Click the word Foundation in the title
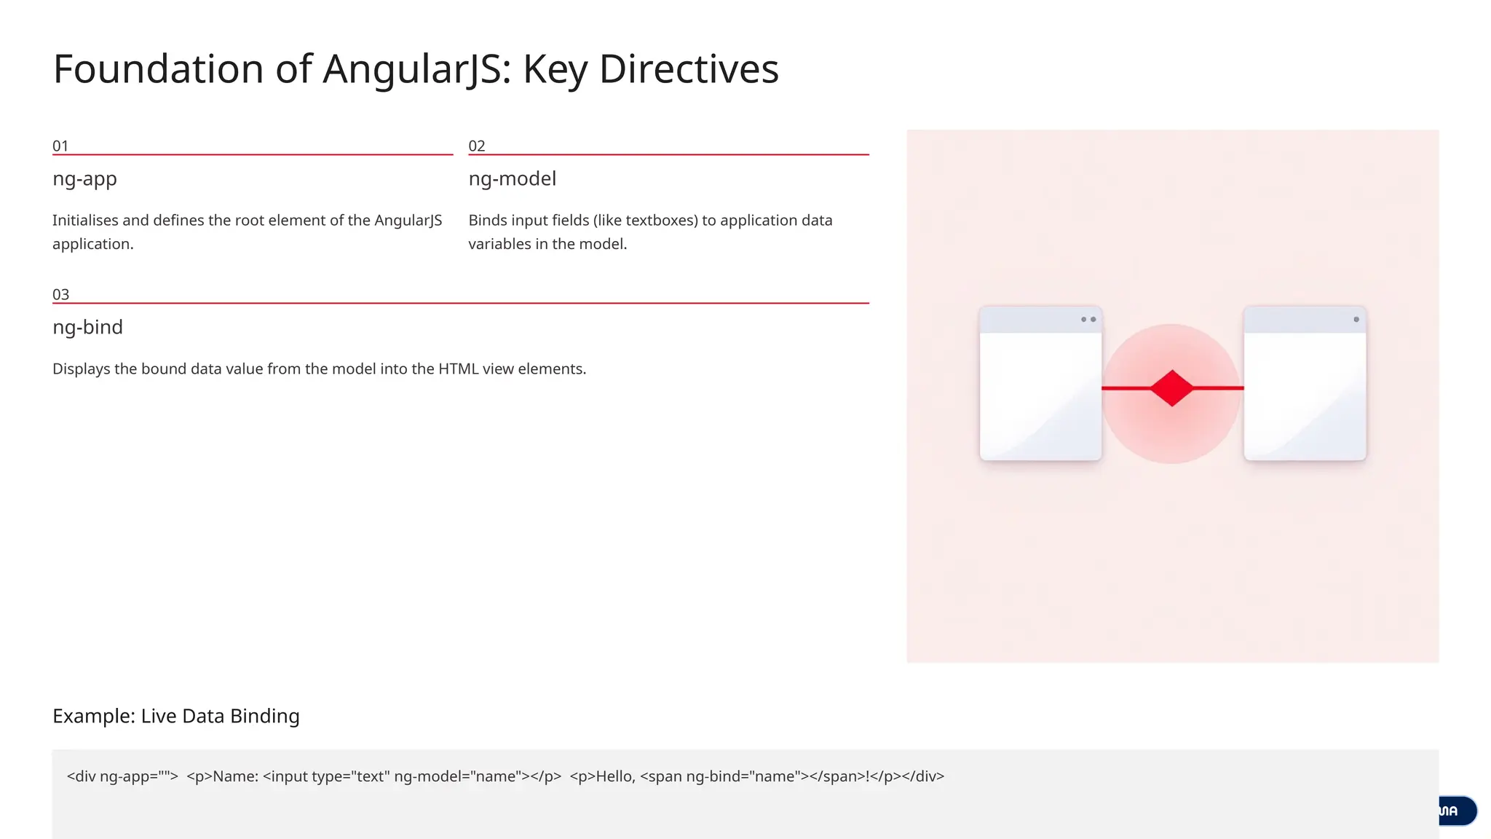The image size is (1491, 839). (158, 69)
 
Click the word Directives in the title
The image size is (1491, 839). (688, 69)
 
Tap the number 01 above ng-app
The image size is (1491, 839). (60, 146)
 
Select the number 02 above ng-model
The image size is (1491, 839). (477, 146)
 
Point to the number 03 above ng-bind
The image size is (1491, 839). (60, 294)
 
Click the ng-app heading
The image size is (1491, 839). (84, 178)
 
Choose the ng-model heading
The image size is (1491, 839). (512, 178)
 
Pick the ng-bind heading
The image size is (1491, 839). (87, 327)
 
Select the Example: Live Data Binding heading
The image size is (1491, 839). (175, 716)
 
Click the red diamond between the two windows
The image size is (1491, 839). (1171, 387)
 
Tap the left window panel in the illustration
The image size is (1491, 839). (1040, 393)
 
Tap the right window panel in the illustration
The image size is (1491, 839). (1305, 393)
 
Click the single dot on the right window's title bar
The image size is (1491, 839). (1356, 319)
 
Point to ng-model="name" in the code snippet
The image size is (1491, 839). (457, 776)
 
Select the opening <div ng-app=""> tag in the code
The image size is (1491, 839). (122, 776)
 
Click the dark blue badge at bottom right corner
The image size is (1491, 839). (1457, 811)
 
